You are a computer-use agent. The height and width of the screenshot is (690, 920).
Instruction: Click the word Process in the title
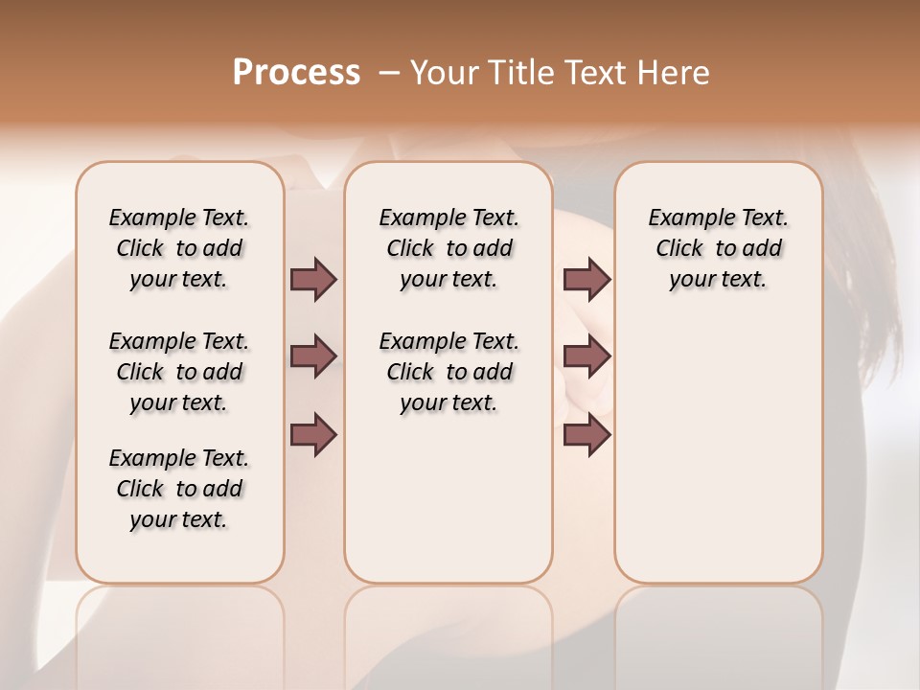(x=296, y=73)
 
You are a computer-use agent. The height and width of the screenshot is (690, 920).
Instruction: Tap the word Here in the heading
(x=673, y=73)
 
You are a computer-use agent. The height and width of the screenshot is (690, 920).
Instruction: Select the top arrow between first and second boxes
(x=313, y=279)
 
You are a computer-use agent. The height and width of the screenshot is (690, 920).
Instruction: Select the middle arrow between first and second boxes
(x=313, y=356)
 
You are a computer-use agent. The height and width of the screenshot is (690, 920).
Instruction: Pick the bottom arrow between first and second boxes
(x=313, y=435)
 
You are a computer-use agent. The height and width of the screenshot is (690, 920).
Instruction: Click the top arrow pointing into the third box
(x=586, y=279)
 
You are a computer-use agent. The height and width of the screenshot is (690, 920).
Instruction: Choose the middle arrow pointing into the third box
(x=586, y=356)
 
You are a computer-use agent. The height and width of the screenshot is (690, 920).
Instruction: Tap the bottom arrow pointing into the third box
(x=586, y=435)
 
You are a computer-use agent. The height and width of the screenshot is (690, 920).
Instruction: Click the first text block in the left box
(x=179, y=248)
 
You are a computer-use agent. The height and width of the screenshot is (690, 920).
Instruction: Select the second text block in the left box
(x=179, y=372)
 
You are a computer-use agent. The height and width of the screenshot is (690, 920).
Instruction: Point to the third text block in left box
(x=179, y=489)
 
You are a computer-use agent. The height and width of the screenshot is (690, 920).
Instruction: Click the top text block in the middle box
(x=448, y=248)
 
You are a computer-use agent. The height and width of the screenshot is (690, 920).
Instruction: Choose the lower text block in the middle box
(x=448, y=372)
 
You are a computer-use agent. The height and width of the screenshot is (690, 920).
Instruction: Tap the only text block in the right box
(x=718, y=248)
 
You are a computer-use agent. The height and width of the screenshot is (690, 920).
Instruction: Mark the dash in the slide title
(x=388, y=73)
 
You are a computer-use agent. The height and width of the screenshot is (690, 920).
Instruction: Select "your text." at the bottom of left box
(x=179, y=519)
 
